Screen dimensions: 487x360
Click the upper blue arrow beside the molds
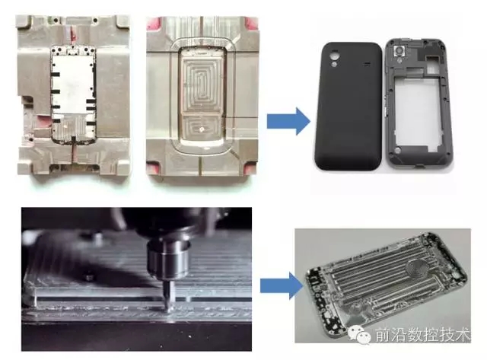click(x=288, y=121)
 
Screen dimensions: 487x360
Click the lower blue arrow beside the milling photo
click(x=282, y=285)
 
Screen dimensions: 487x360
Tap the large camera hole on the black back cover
click(x=335, y=56)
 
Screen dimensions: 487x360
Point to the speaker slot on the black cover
click(x=368, y=64)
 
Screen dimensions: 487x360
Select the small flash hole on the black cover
click(x=334, y=64)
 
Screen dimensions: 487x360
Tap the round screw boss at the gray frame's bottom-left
click(x=397, y=151)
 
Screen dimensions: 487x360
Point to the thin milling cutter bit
click(x=167, y=294)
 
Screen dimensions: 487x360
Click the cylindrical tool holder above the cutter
click(x=168, y=258)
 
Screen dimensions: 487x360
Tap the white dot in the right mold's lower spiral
click(x=202, y=129)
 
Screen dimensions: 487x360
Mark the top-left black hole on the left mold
click(x=56, y=21)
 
